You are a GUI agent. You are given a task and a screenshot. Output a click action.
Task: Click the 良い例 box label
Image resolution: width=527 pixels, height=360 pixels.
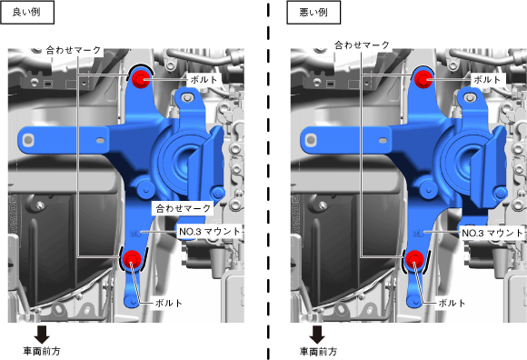point(27,13)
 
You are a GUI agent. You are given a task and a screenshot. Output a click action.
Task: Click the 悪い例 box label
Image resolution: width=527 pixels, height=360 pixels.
point(313,13)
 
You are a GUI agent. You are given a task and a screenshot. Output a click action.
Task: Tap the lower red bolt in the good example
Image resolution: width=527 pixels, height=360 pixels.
point(132,259)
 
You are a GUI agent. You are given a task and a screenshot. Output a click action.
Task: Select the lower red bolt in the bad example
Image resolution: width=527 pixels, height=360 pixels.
point(414,259)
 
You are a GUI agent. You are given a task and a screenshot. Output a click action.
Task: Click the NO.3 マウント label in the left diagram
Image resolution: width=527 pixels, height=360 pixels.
point(210,232)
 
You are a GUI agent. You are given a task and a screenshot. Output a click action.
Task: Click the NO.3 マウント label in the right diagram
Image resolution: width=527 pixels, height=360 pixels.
point(492,233)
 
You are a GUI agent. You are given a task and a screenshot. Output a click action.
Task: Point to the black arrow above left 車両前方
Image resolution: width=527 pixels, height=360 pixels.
point(42,335)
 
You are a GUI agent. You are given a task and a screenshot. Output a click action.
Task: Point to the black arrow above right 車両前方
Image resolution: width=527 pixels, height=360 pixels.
point(317,335)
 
